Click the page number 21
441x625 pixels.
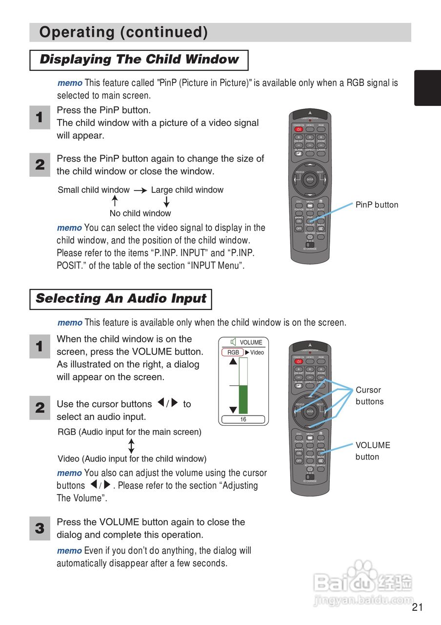pyautogui.click(x=417, y=607)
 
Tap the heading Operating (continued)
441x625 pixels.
pyautogui.click(x=123, y=32)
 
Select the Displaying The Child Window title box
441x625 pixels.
pyautogui.click(x=139, y=60)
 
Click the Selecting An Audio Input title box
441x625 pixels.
pyautogui.click(x=120, y=299)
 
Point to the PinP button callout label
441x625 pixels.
pyautogui.click(x=377, y=205)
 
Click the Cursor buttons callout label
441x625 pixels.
pyautogui.click(x=369, y=396)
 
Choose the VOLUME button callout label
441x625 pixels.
pyautogui.click(x=373, y=451)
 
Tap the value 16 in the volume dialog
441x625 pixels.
pyautogui.click(x=243, y=419)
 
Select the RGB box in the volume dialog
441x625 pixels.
pyautogui.click(x=233, y=353)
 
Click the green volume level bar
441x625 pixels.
pyautogui.click(x=243, y=399)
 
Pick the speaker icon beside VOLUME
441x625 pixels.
pyautogui.click(x=234, y=342)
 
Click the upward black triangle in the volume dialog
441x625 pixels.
pyautogui.click(x=233, y=361)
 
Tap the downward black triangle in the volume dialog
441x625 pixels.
pyautogui.click(x=233, y=410)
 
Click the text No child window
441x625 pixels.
pyautogui.click(x=140, y=213)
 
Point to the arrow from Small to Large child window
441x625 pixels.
pyautogui.click(x=140, y=190)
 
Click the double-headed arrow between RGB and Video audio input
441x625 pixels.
pyautogui.click(x=131, y=445)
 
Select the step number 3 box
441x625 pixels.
pyautogui.click(x=40, y=529)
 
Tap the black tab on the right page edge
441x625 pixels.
pyautogui.click(x=427, y=88)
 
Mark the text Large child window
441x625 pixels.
pyautogui.click(x=187, y=190)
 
